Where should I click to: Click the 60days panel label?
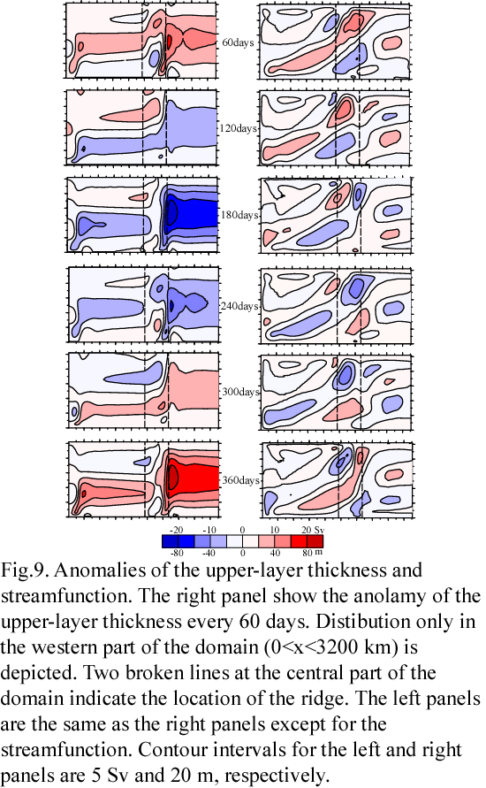pos(238,42)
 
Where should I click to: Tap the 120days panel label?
pos(238,128)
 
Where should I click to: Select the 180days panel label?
pos(239,215)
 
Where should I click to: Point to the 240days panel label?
pos(239,306)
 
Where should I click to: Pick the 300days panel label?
pos(240,392)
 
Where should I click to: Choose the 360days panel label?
pos(240,480)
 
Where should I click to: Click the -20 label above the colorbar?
pos(176,530)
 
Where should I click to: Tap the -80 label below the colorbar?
pos(176,553)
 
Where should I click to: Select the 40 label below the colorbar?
pos(275,553)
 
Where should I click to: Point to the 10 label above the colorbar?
pos(275,530)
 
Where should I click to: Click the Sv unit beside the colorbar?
pos(319,530)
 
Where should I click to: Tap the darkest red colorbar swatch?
pos(315,541)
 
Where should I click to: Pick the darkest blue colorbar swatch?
pos(171,541)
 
